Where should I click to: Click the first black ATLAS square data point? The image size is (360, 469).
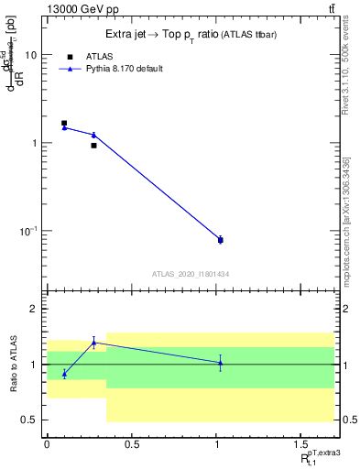coord(64,123)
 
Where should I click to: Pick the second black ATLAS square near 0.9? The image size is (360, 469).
coord(93,145)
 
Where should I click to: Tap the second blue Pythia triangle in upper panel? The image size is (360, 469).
coord(93,135)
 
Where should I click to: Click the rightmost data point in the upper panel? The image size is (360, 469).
coord(220,240)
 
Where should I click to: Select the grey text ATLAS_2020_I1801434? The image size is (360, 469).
coord(190,274)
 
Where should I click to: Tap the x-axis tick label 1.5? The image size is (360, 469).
coord(301,445)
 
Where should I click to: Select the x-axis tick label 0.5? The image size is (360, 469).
coord(131,445)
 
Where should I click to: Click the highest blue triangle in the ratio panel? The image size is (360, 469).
coord(93,343)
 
